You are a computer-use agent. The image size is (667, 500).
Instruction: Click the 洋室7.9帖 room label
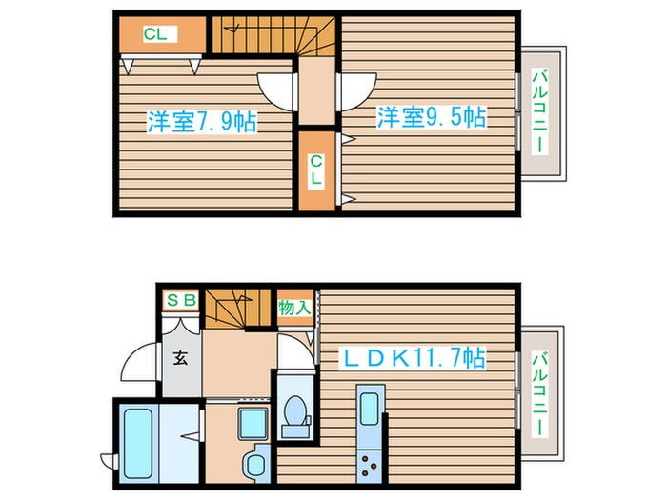202,122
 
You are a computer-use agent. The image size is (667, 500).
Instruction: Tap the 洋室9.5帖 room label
432,117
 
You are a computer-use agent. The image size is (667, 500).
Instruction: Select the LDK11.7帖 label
413,358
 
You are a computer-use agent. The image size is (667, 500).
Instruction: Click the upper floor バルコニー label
540,111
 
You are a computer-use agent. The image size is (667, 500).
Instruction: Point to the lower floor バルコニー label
540,392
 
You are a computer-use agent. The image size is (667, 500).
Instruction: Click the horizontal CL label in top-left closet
155,34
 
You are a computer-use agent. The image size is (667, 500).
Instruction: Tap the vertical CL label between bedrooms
315,170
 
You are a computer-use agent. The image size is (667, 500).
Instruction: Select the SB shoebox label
181,300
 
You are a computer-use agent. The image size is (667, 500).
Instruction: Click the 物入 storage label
294,308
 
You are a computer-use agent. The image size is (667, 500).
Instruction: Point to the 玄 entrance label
180,359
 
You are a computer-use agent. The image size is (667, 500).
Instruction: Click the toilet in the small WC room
295,417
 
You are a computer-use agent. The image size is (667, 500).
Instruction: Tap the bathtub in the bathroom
138,444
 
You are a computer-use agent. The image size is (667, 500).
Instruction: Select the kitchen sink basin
370,409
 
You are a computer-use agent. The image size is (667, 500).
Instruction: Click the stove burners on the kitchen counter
369,466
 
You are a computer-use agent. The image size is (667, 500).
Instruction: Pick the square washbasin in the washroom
253,424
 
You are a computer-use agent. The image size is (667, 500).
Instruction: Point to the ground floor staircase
238,309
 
